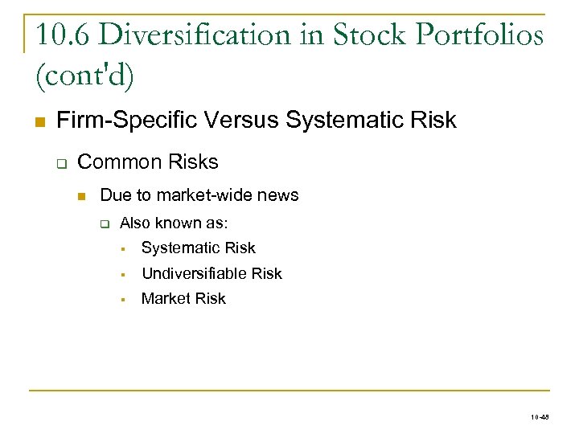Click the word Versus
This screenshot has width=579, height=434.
point(240,121)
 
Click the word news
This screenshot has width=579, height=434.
point(280,195)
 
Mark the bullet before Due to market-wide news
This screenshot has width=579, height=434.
point(81,196)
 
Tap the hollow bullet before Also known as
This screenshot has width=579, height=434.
point(104,223)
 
